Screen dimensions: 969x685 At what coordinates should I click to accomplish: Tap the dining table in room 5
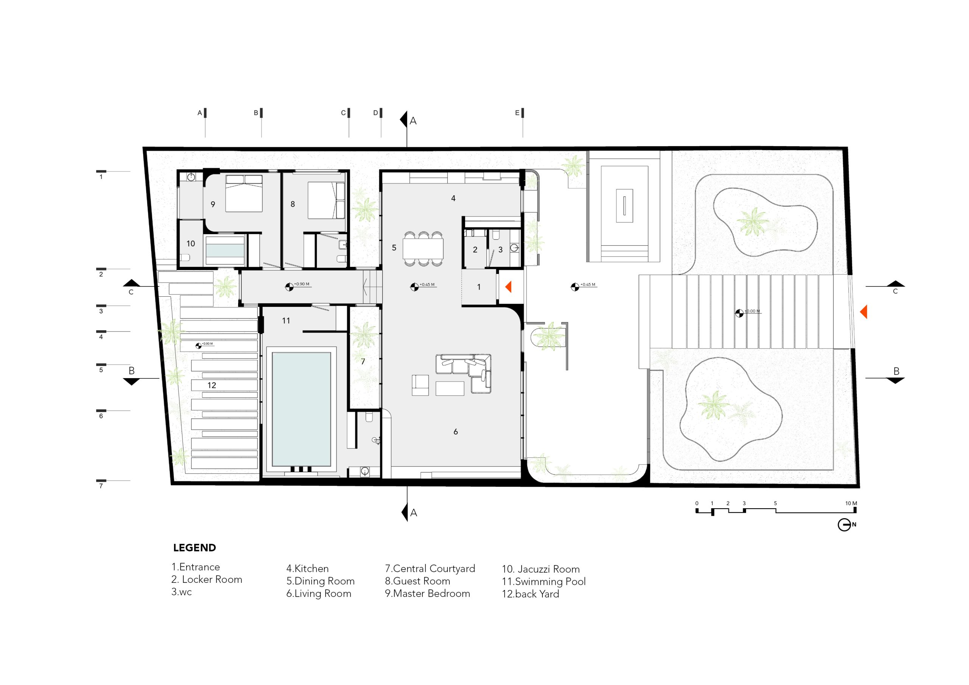coord(423,249)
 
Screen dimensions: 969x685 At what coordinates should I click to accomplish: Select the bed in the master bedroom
coord(244,193)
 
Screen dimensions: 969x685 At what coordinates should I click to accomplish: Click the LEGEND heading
coord(195,548)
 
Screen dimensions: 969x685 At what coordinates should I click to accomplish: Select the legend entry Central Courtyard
coord(430,568)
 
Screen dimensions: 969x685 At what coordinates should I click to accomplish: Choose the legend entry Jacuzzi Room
coord(541,569)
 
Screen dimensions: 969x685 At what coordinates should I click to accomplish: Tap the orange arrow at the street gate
coord(863,312)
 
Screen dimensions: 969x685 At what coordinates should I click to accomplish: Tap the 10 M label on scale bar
coord(851,503)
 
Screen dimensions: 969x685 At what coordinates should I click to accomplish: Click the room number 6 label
coord(455,431)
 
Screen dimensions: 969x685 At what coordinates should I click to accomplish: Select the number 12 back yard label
coord(212,385)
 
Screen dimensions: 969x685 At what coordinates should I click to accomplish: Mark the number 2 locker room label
coord(475,250)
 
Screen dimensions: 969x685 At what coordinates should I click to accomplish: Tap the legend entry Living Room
coord(319,593)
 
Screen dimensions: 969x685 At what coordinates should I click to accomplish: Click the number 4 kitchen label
coord(453,198)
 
